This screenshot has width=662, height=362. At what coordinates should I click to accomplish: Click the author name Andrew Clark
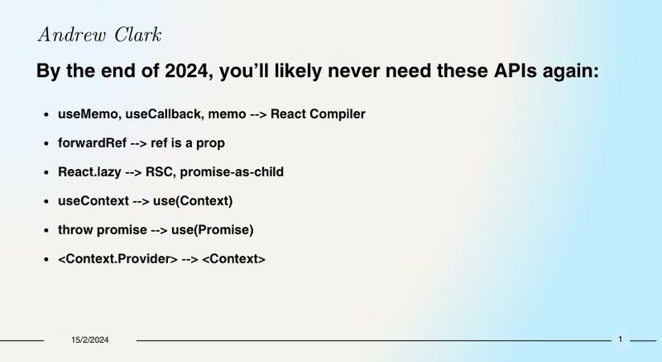99,35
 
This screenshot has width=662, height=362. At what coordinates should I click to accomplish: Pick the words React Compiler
318,113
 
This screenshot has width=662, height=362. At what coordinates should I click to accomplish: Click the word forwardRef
92,142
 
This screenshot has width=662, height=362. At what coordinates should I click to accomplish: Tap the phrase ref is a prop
188,142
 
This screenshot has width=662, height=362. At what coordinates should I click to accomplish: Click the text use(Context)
193,200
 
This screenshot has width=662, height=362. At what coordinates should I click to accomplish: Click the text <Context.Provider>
118,259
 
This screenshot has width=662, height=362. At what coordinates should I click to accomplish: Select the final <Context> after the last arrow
234,259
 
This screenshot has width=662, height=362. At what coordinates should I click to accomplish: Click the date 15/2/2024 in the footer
89,340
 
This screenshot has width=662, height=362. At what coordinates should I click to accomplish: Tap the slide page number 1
621,339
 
